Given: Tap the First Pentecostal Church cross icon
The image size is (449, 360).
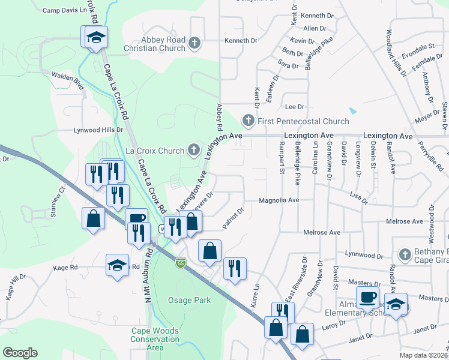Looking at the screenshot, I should coord(247,121).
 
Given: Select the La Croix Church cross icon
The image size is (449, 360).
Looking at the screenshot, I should coord(193,149).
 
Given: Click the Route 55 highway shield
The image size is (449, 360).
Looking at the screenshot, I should coord(181,263).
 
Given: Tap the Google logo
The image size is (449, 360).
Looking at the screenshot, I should coord(20,353).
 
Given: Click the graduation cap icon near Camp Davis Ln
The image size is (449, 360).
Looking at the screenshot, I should coord(96,38).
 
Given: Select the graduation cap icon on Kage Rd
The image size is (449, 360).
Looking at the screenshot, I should coord(117,265).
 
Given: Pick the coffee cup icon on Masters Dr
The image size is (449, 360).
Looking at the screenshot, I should coord(367,296).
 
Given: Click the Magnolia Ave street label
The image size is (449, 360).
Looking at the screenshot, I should coord(279,200).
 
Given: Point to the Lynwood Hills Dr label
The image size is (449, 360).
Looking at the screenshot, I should coord(98,130).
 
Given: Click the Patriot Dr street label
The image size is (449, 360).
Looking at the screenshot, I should coord(232,218).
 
